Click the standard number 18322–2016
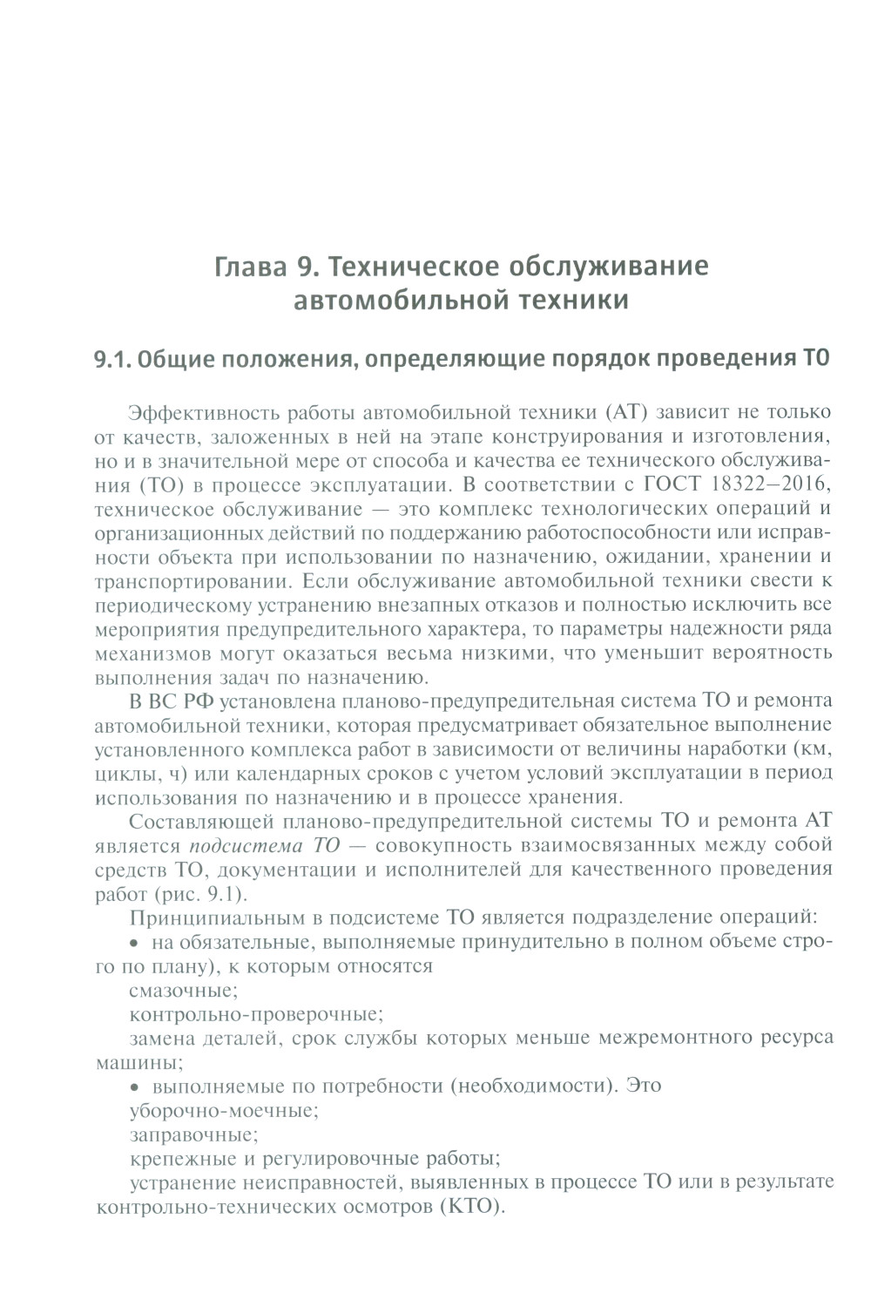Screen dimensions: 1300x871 [775, 483]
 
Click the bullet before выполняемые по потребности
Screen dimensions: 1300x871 [135, 1087]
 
